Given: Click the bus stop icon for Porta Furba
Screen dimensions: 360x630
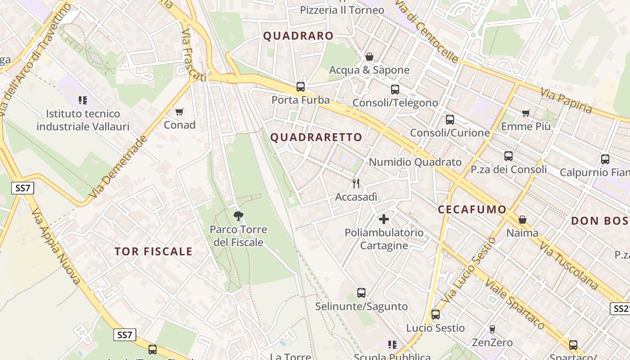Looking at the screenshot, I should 300,87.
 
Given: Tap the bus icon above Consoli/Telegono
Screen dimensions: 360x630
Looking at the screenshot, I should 395,90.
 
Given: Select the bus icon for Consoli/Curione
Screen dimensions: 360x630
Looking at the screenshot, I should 450,120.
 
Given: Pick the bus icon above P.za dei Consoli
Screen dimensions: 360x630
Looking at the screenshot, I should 508,156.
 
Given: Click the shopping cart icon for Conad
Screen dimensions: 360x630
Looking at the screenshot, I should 179,112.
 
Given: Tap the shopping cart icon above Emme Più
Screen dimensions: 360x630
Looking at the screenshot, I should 526,113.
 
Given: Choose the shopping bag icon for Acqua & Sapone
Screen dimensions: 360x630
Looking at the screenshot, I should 369,57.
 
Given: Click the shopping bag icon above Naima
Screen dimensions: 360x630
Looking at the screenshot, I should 522,220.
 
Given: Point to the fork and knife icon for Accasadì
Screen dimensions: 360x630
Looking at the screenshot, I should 356,184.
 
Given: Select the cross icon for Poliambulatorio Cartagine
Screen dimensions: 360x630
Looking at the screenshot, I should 384,219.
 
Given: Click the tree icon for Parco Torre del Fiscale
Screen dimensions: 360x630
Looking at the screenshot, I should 238,216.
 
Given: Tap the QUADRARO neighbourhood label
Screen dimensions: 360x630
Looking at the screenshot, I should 298,36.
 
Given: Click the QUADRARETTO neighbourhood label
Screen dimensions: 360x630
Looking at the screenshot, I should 316,137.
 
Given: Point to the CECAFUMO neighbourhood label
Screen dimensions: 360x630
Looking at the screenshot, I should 472,209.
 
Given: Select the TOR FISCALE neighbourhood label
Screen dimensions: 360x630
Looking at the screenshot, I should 153,252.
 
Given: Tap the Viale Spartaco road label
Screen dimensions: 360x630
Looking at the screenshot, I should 515,304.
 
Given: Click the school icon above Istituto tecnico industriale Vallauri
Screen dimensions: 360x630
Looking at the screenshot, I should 82,100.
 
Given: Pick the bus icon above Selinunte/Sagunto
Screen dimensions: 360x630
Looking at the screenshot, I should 361,293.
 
